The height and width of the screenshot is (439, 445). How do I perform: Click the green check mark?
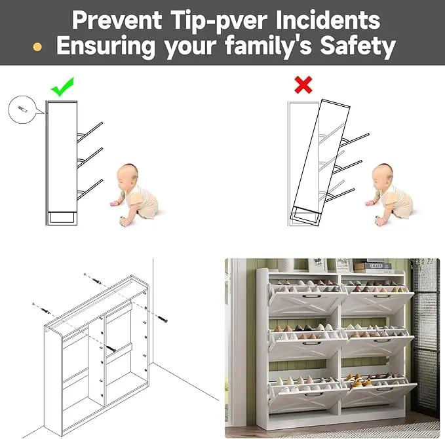pos(62,87)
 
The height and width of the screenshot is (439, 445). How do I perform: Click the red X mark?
pos(303,85)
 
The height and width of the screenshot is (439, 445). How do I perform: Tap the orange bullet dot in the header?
pos(37,47)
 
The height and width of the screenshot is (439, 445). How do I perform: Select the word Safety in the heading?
pos(358,45)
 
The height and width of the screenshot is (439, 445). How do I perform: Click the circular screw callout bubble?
pos(23,109)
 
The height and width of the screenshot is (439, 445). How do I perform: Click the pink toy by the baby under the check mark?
pos(114,204)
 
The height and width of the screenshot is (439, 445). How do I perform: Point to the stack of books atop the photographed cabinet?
pos(373,267)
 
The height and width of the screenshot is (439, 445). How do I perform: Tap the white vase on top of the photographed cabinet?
pos(286,265)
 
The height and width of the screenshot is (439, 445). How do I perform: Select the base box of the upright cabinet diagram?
pos(62,218)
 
